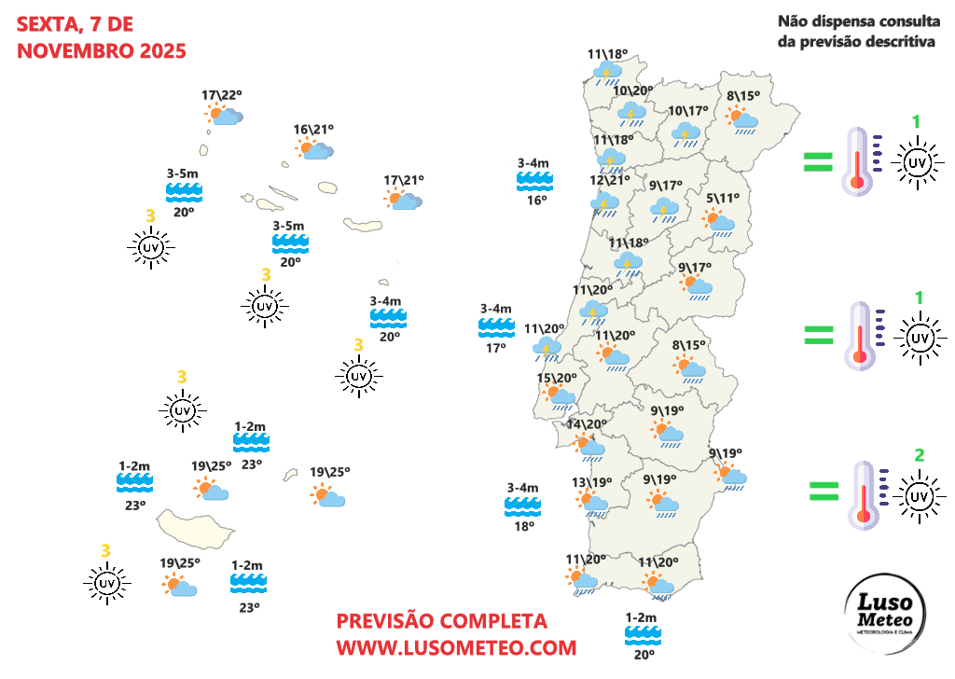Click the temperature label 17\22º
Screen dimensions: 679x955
(x=221, y=94)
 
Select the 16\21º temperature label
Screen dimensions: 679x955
(x=313, y=129)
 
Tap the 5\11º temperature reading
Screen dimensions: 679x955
(x=722, y=198)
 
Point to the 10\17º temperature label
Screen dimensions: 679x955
(x=688, y=112)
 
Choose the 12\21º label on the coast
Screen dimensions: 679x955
(x=611, y=180)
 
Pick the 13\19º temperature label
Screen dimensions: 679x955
(x=591, y=482)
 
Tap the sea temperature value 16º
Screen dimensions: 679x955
(x=535, y=200)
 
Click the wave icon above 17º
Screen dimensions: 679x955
(x=496, y=326)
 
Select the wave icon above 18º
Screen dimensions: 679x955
(x=522, y=506)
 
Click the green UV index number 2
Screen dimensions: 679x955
(x=919, y=455)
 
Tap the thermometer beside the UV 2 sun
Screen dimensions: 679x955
(x=864, y=494)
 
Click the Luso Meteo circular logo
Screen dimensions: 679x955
(x=885, y=614)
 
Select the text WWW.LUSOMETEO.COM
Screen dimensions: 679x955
(x=456, y=646)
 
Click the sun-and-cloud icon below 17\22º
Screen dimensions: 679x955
(x=224, y=115)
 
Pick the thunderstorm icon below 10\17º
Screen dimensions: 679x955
(x=687, y=134)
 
